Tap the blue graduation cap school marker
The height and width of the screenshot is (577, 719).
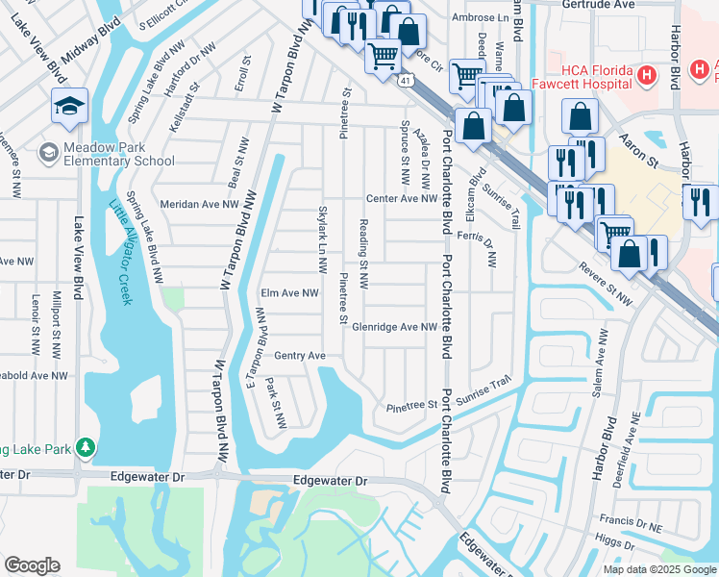(x=69, y=108)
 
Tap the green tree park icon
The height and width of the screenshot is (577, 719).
(x=86, y=448)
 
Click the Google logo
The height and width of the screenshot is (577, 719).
(x=32, y=565)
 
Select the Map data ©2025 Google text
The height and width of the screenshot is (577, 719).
(x=658, y=569)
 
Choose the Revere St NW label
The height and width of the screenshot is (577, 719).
(x=606, y=286)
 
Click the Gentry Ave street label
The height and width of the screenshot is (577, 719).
(x=300, y=356)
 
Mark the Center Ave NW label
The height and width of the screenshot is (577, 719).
(x=401, y=199)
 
